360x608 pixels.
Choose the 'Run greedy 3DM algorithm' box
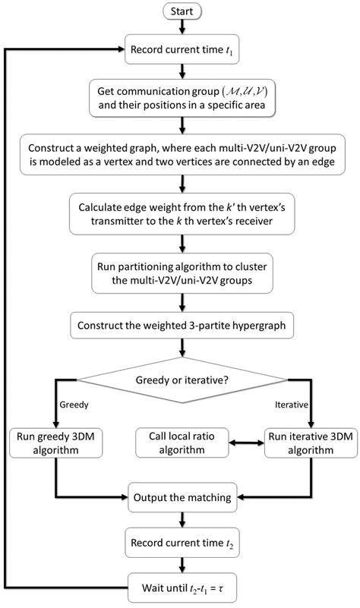[x=55, y=443]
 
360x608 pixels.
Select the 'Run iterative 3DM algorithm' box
[x=308, y=443]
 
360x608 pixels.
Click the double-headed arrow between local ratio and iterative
[x=242, y=443]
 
